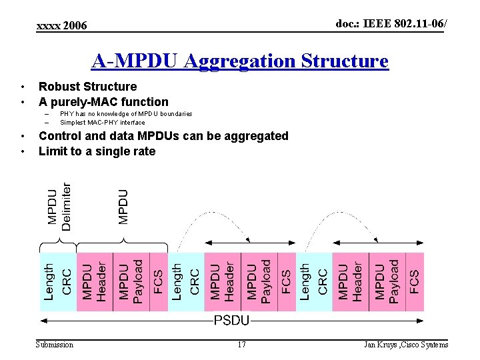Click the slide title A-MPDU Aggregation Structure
[239, 61]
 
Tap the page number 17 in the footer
[241, 345]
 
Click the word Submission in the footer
[55, 345]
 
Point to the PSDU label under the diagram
[231, 321]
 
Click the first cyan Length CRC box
[58, 281]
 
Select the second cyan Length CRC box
[186, 281]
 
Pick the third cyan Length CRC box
[314, 281]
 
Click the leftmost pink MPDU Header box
[95, 281]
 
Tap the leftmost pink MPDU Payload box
[131, 281]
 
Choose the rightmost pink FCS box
[414, 281]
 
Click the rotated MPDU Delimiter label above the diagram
[59, 207]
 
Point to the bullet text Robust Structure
[87, 87]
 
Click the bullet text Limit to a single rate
[97, 151]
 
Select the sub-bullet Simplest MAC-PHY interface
[102, 123]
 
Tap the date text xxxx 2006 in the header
[61, 25]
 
